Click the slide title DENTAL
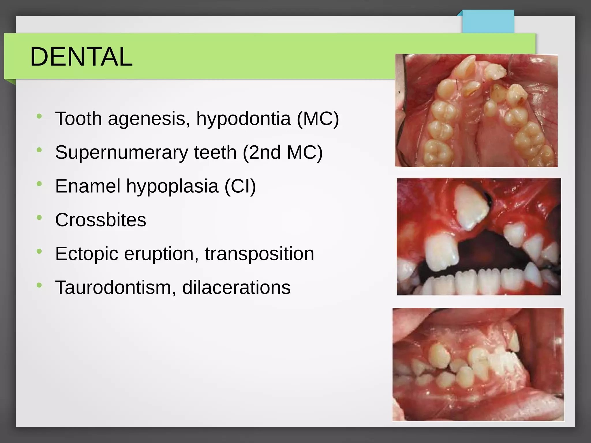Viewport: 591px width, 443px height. (x=81, y=57)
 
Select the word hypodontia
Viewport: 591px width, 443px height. (x=243, y=119)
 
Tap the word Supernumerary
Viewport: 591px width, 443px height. (x=121, y=152)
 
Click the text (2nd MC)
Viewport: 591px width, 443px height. (x=283, y=152)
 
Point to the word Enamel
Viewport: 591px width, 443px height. (x=88, y=186)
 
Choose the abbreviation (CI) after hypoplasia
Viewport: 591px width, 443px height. (x=240, y=186)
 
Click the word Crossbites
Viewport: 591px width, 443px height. (x=100, y=220)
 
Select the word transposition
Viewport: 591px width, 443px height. (x=259, y=254)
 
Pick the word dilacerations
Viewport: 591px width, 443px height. (x=236, y=287)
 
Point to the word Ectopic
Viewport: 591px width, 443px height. (x=87, y=254)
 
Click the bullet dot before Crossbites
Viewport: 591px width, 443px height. (x=39, y=217)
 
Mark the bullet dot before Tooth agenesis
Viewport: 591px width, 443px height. (x=39, y=116)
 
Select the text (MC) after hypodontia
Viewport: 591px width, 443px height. (x=318, y=119)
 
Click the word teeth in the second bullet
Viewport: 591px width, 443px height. (x=215, y=152)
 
